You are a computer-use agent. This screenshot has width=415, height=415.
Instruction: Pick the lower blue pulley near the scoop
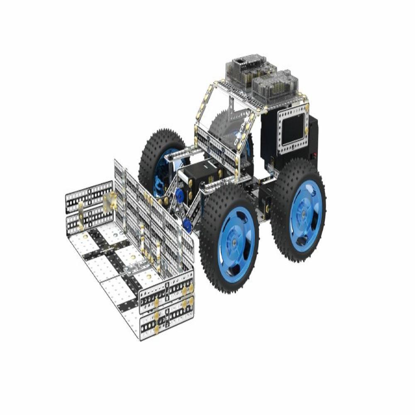click(x=187, y=225)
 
